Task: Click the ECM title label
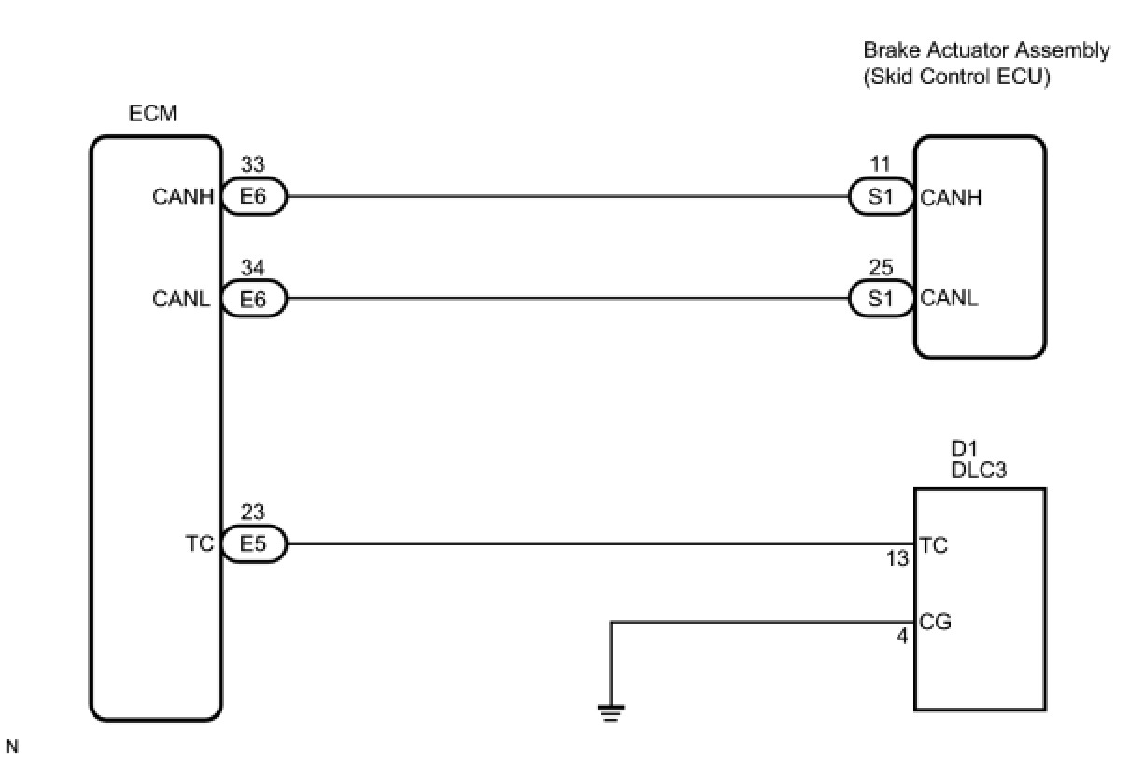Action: pos(153,114)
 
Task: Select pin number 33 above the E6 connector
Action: pos(252,165)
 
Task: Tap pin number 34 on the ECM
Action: pos(252,269)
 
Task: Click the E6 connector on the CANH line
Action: pos(253,198)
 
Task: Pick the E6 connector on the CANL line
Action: pos(253,300)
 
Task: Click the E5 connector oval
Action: pos(253,544)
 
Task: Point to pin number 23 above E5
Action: pos(252,513)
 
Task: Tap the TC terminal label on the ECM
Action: pos(200,544)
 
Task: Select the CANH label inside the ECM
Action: pos(184,198)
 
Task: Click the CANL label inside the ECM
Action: pos(184,300)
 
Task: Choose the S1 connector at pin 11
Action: pos(881,198)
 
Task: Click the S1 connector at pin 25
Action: pos(881,300)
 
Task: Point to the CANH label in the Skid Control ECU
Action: pos(951,198)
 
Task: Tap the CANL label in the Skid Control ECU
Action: pos(950,300)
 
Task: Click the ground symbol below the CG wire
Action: pos(611,712)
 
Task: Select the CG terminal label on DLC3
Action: pos(935,622)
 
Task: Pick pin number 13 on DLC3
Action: pos(897,560)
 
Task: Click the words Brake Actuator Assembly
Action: pos(986,50)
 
